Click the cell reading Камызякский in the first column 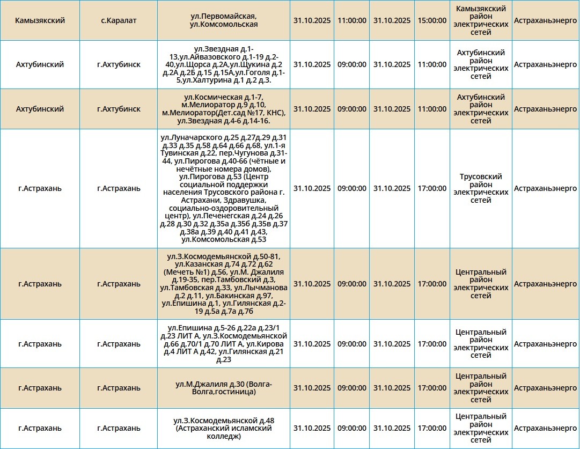40,20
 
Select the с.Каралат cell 119,20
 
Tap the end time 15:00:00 432,20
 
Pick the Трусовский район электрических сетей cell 481,188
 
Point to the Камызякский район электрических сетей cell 481,20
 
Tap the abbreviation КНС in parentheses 273,113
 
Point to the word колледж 224,437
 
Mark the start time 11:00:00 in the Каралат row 352,20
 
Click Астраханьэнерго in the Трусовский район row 545,188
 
